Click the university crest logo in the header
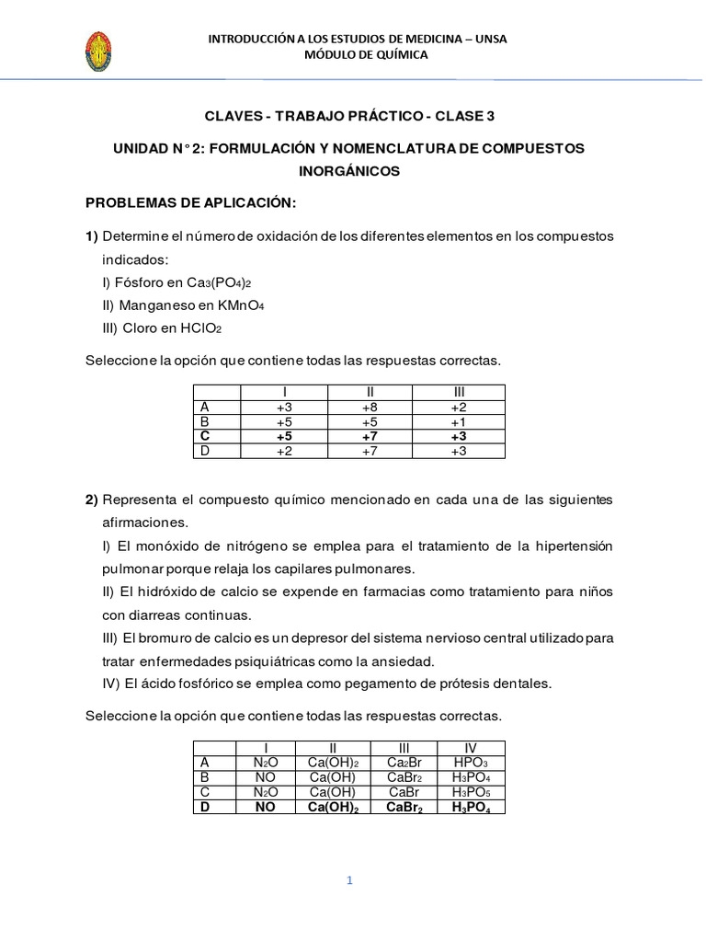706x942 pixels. tap(98, 52)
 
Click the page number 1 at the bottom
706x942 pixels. tap(349, 880)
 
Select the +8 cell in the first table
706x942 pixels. tap(370, 407)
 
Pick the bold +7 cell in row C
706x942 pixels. tap(370, 436)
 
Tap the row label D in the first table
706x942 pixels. tap(204, 451)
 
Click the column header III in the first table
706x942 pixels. tap(459, 392)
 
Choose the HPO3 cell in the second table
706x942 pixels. tap(472, 762)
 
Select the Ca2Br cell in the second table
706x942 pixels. tap(404, 762)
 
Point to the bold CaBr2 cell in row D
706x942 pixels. tap(404, 807)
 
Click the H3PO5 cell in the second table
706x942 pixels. tap(472, 791)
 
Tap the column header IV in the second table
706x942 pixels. tap(472, 747)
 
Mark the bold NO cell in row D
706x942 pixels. tap(266, 807)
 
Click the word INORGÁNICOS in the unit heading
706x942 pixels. tap(349, 171)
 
